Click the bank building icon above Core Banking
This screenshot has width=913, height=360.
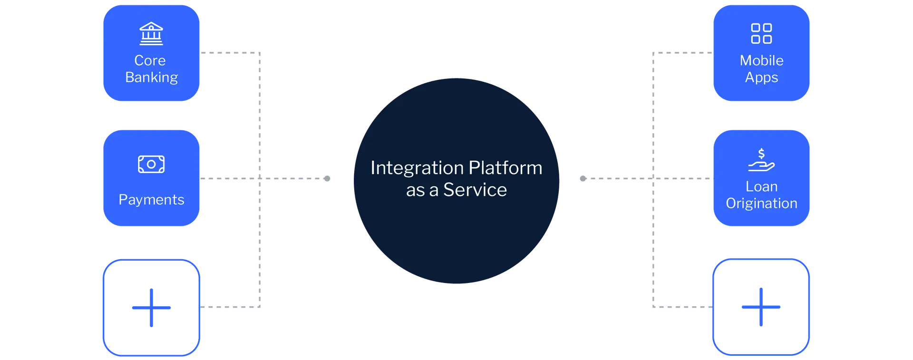click(151, 34)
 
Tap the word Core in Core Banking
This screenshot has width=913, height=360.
click(150, 60)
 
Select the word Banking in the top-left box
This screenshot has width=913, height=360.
click(151, 77)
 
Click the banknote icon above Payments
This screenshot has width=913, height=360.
click(151, 164)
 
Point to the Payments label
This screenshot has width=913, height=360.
click(151, 199)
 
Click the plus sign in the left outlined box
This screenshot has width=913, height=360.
click(151, 308)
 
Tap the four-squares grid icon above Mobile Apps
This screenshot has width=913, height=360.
click(761, 34)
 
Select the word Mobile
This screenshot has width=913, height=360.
click(761, 60)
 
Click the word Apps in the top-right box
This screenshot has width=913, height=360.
click(761, 77)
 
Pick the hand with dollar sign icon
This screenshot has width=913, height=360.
click(761, 160)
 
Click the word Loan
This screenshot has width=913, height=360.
click(761, 186)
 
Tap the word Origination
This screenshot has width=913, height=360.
click(761, 203)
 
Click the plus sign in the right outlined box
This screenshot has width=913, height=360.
click(761, 308)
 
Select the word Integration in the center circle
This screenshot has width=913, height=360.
click(417, 168)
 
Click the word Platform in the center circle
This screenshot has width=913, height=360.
click(505, 168)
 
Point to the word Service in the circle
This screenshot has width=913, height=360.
click(475, 190)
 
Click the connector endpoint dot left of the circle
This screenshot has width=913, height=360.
click(328, 178)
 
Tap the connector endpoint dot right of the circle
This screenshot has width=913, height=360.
click(583, 177)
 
